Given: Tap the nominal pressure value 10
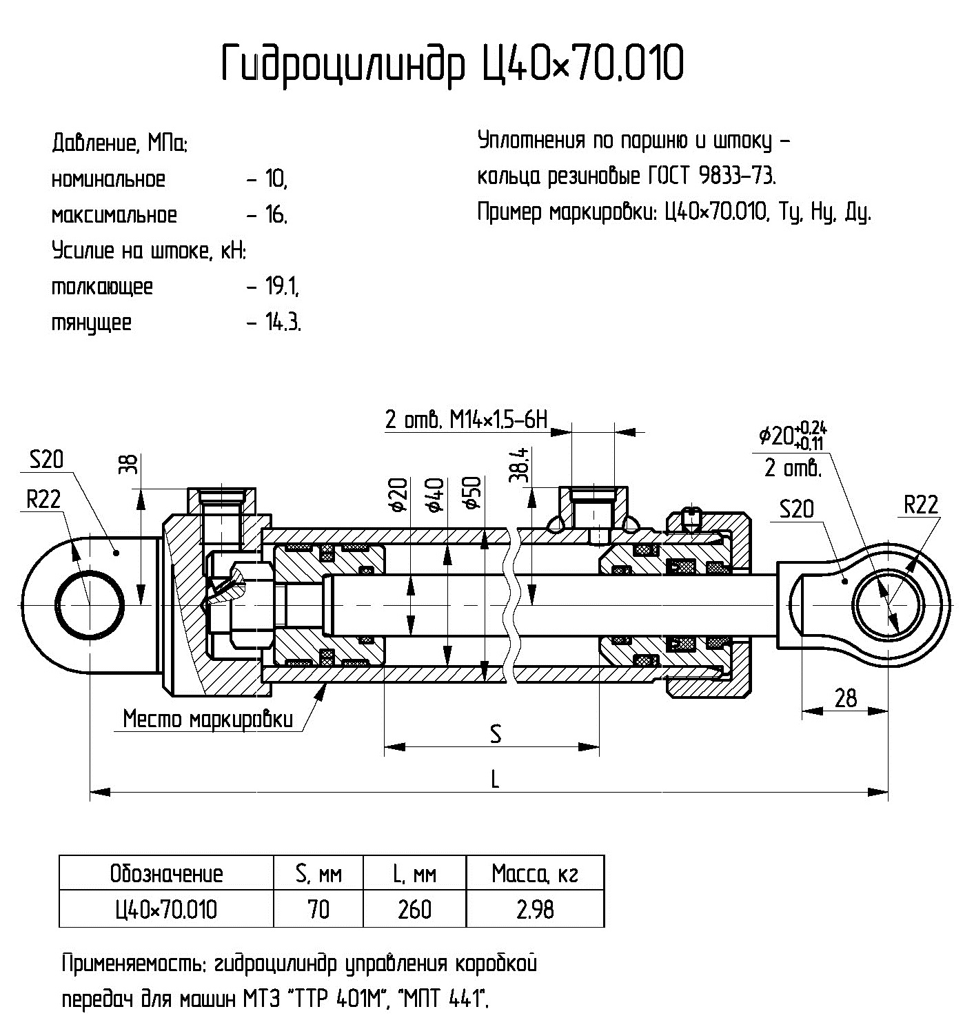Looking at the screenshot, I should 275,180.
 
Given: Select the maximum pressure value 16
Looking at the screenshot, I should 275,216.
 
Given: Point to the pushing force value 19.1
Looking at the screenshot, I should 282,287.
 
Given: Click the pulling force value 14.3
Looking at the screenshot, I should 283,323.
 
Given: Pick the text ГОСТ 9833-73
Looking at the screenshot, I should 711,176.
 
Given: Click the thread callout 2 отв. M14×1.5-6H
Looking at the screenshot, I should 466,419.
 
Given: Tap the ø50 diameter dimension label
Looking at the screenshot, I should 473,493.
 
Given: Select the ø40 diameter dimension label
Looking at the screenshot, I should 435,493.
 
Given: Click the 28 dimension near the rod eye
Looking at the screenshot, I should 845,698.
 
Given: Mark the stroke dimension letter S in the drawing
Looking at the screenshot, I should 495,734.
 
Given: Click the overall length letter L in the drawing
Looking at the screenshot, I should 494,780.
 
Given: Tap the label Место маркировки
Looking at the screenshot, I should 207,720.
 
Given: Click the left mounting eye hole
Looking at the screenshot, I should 90,603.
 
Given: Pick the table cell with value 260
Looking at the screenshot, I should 414,910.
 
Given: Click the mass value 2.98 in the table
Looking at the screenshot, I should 535,910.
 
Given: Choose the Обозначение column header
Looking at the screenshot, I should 166,874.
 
